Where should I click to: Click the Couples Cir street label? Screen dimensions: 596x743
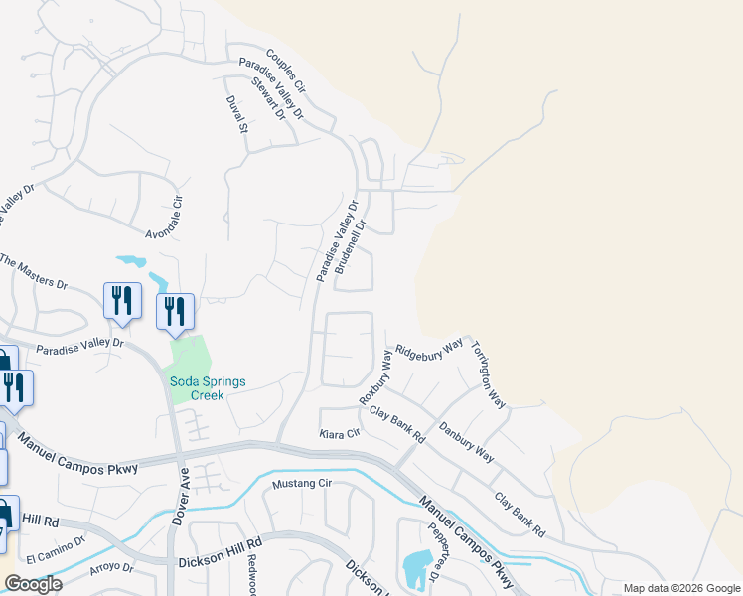click(287, 72)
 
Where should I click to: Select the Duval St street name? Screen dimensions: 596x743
click(236, 117)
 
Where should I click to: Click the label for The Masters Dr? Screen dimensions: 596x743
click(34, 271)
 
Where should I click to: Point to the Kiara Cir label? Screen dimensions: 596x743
click(338, 434)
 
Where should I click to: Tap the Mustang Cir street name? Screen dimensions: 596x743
click(301, 484)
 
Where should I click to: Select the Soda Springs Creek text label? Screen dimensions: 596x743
click(207, 388)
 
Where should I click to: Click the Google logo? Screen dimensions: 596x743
click(33, 584)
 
